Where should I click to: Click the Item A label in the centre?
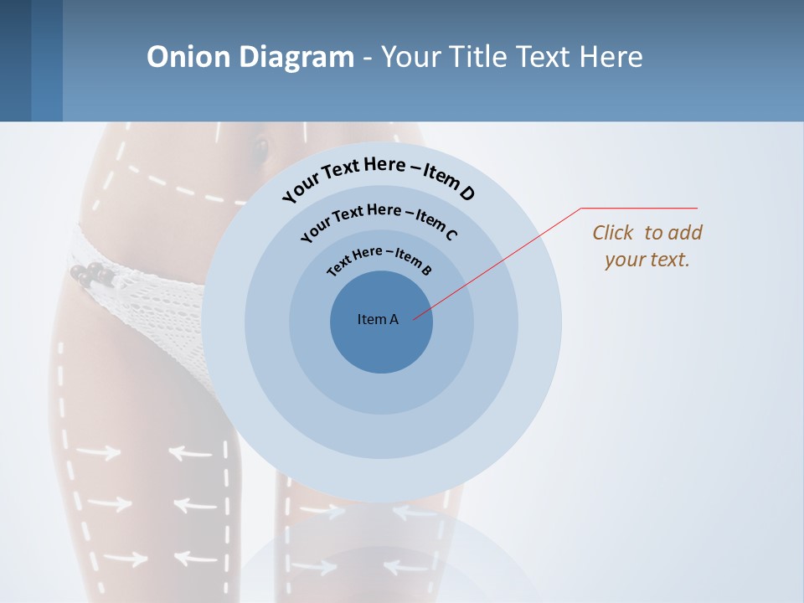click(378, 319)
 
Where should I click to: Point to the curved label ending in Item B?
click(379, 259)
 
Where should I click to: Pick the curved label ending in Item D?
click(378, 178)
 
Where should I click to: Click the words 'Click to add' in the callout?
click(647, 233)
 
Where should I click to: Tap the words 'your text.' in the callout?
click(647, 260)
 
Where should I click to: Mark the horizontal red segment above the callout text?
click(639, 208)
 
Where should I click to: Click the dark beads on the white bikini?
click(90, 273)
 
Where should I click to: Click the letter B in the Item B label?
click(425, 270)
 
